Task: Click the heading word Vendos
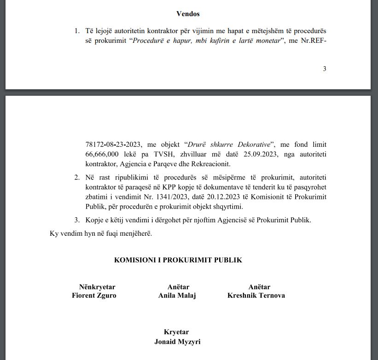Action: coord(188,14)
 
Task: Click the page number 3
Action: coord(325,69)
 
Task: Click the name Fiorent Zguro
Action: coord(94,296)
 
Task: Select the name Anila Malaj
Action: coord(177,296)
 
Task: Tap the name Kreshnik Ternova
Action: coord(256,296)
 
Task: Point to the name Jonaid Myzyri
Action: coord(177,342)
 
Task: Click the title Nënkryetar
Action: coord(97,287)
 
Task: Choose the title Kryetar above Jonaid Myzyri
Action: coord(176,332)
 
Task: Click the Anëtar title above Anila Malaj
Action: coord(178,287)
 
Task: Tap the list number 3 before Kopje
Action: coord(77,220)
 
